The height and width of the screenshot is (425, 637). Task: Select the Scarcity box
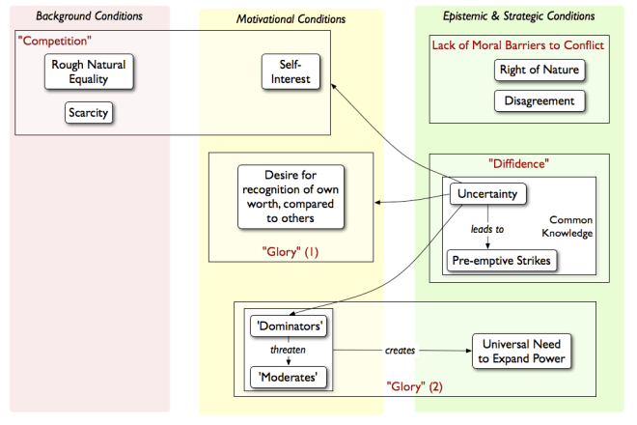click(89, 113)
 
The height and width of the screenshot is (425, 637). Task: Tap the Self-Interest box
click(291, 72)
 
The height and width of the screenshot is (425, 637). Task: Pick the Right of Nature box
click(540, 71)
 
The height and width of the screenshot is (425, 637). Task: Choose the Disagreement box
click(540, 100)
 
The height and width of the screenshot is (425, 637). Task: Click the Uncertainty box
click(487, 194)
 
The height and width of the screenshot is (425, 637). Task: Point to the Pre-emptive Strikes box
click(501, 260)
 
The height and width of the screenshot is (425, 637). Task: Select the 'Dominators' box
click(290, 326)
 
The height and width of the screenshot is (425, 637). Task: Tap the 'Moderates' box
click(290, 375)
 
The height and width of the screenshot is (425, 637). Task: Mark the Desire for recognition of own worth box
click(291, 197)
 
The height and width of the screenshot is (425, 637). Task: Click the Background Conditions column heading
click(89, 16)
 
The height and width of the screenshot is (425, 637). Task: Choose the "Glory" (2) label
click(416, 386)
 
